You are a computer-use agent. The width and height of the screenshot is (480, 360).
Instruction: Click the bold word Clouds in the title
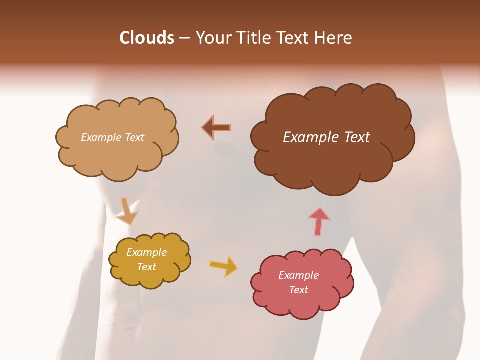(x=147, y=38)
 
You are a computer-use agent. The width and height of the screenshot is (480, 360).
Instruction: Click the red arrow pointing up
(x=319, y=221)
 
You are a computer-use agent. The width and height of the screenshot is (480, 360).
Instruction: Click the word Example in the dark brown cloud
(x=308, y=137)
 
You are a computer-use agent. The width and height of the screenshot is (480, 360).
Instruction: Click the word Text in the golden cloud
(x=147, y=267)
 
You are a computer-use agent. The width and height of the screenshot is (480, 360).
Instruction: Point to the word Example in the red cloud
(x=298, y=275)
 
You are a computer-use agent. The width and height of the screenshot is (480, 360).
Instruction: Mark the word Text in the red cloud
(x=299, y=290)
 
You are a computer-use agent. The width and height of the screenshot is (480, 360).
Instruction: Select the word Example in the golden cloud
(x=147, y=252)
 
